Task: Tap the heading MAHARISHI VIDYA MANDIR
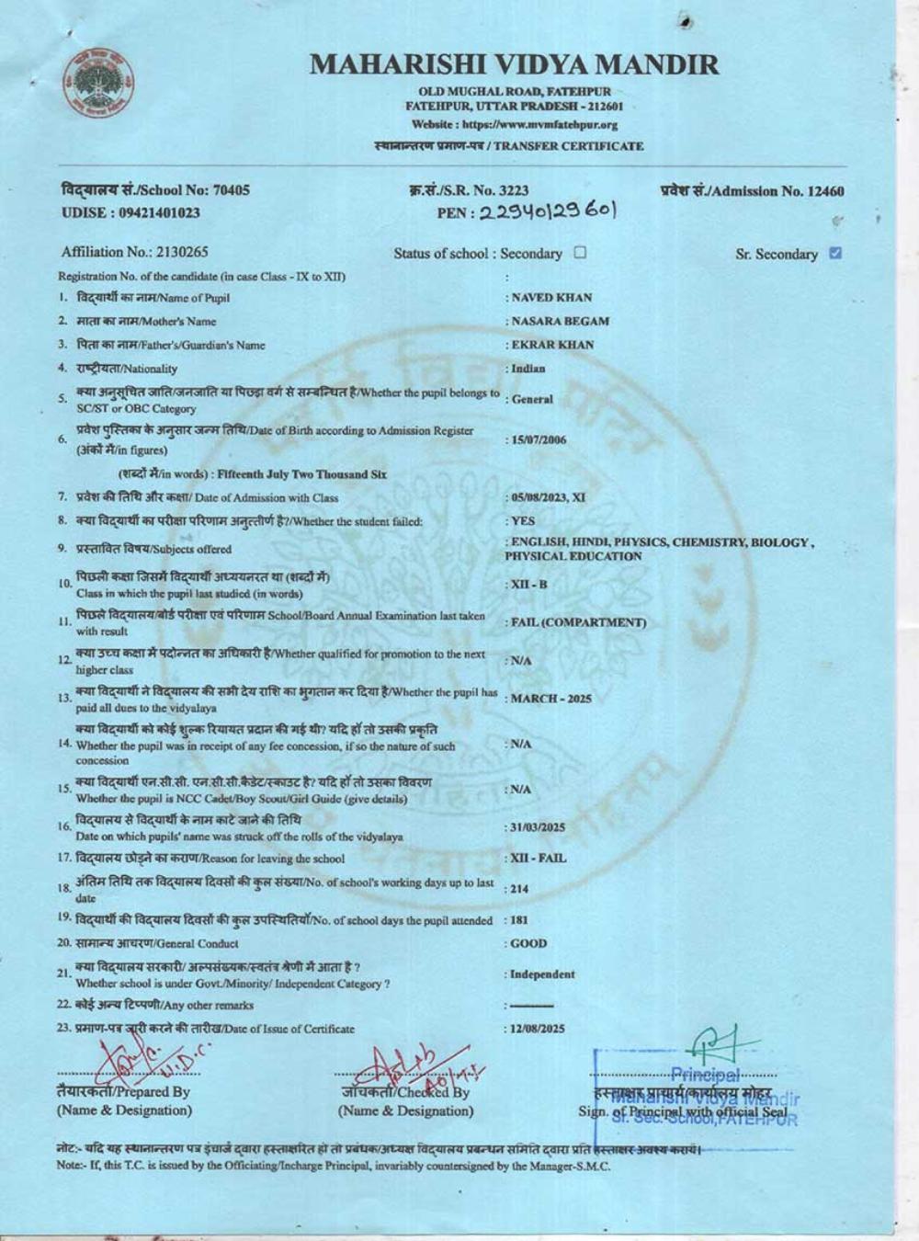[515, 64]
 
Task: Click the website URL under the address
[515, 124]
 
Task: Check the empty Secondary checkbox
[580, 252]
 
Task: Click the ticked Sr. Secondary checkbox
[835, 253]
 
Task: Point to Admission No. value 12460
[823, 191]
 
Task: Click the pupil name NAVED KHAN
[551, 297]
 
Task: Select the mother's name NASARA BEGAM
[560, 321]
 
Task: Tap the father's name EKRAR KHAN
[552, 345]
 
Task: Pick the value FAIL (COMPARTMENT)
[578, 622]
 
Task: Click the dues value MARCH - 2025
[551, 699]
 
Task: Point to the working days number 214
[520, 889]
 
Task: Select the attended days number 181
[519, 920]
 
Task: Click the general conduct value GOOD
[528, 943]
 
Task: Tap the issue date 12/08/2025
[539, 1029]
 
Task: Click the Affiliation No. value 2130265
[182, 252]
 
